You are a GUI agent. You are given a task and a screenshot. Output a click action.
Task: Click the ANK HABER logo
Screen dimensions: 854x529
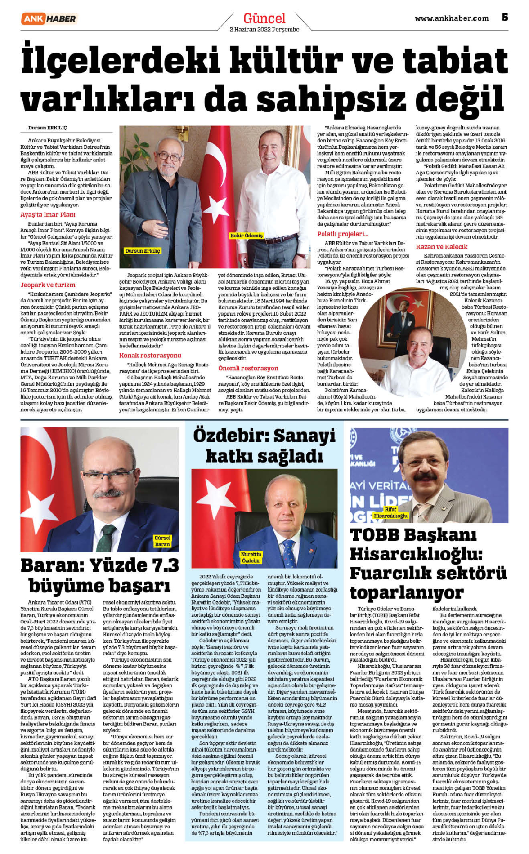point(49,18)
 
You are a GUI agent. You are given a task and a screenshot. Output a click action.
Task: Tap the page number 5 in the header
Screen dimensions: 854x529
point(505,17)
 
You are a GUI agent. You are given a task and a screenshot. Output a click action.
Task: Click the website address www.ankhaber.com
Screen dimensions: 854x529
point(451,18)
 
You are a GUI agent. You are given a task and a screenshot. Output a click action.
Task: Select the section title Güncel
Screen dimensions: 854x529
point(264,18)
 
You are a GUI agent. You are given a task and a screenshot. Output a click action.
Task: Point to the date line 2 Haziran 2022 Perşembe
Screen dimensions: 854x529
point(264,30)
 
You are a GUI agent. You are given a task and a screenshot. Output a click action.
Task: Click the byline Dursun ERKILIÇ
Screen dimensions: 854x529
point(47,128)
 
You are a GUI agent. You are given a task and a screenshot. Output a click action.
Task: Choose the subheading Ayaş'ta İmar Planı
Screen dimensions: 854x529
point(48,215)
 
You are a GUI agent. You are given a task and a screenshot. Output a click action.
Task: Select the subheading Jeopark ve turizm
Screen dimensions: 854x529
point(48,285)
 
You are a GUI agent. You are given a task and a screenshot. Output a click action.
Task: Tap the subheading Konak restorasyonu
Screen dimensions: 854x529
point(150,356)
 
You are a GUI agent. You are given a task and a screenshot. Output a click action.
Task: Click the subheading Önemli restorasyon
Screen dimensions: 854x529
point(248,369)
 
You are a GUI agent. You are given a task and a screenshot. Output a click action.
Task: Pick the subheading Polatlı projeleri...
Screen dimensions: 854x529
point(342,234)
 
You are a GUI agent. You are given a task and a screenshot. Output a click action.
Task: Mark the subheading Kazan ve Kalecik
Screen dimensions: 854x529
point(441,247)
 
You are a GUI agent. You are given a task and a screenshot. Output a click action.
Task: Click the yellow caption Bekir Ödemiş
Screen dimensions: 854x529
point(246,236)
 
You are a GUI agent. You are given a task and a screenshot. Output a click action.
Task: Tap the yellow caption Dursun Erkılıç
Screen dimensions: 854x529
point(143,251)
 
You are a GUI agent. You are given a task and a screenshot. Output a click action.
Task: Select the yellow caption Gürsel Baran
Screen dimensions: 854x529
point(162,541)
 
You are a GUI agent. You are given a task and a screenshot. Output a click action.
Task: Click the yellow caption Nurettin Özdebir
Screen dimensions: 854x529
point(251,557)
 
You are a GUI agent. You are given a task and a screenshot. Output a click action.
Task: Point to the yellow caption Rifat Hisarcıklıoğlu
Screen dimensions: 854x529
point(390,512)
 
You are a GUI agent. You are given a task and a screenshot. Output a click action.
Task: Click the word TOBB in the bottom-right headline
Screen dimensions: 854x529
point(375,535)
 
